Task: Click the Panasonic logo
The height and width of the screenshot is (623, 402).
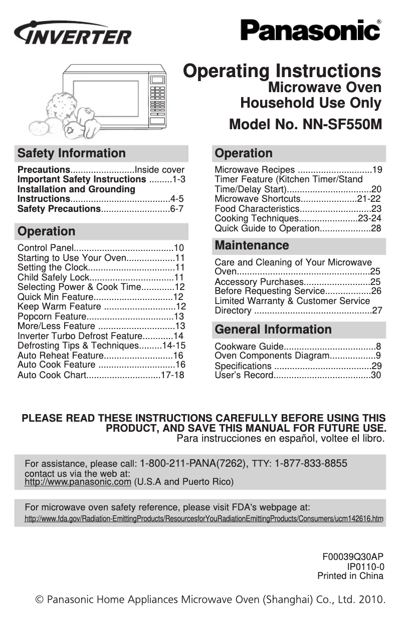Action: [x=310, y=30]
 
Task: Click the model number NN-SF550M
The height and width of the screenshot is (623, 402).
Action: [x=305, y=124]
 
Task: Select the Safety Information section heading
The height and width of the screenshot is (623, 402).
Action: [x=71, y=153]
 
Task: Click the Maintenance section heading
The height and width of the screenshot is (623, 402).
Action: [x=252, y=245]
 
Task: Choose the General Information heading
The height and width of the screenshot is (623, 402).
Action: [x=273, y=330]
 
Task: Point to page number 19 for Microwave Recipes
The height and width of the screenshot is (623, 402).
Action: [x=378, y=170]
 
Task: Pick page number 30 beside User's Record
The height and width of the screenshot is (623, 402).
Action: [x=376, y=375]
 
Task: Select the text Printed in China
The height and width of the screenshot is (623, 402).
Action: [x=350, y=576]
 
